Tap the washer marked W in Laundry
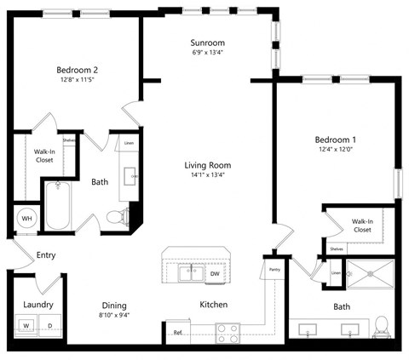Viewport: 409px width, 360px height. tap(26, 324)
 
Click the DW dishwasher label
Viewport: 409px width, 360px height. tap(215, 274)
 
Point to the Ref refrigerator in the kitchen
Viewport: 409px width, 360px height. tap(178, 333)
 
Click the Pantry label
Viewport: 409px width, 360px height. tap(274, 270)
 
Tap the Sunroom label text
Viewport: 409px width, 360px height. tap(208, 43)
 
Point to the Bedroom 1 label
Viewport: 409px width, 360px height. tap(335, 140)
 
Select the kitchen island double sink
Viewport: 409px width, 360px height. tap(190, 274)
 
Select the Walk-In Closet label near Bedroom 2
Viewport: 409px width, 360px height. tap(44, 155)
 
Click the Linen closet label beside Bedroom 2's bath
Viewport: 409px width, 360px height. tap(127, 144)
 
